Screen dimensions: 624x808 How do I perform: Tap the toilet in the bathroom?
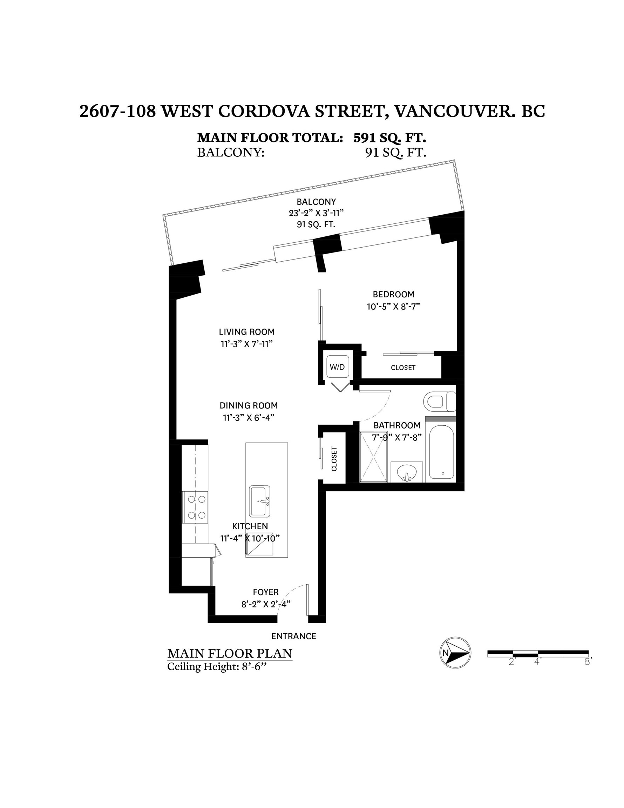439,402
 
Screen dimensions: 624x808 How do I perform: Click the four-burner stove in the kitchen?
196,507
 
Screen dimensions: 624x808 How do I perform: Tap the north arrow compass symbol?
455,653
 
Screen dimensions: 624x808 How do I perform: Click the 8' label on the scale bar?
588,662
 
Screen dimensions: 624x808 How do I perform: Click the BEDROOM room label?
393,295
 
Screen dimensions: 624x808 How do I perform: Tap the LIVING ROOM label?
247,332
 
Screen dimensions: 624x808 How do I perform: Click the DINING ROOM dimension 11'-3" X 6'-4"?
249,418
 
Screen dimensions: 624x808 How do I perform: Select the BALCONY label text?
316,202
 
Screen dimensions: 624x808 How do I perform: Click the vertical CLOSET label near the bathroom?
334,459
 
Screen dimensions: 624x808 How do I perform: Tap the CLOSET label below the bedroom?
403,368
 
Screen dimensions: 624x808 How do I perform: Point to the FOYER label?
266,592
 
